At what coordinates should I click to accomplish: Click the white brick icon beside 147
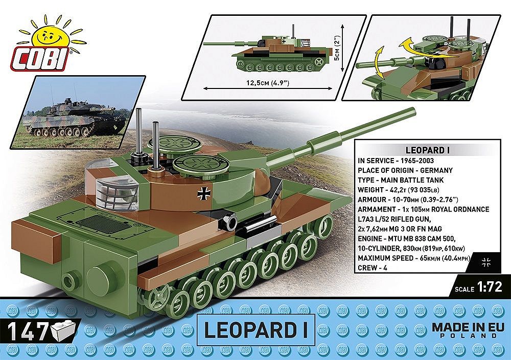coord(63,331)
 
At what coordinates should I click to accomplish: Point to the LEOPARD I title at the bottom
coord(255,330)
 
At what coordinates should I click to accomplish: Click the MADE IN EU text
coord(463,327)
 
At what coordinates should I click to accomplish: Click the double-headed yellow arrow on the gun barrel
coord(379,62)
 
